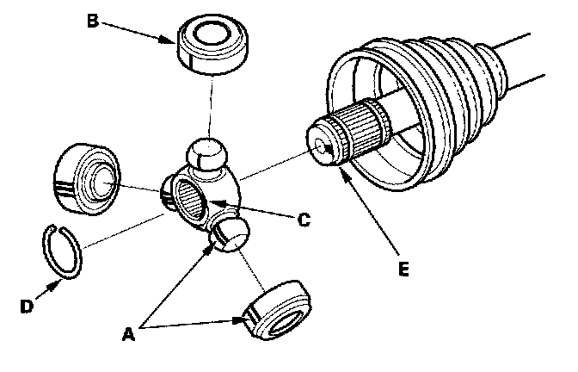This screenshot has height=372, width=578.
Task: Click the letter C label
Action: (303, 220)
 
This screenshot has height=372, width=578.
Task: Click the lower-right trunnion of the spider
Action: (230, 233)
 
